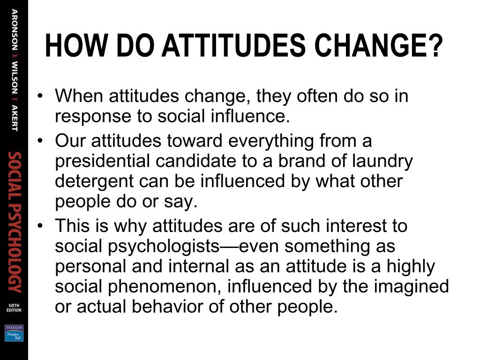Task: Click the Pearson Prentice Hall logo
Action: [x=14, y=333]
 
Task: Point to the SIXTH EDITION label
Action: [x=14, y=307]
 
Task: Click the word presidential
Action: [x=103, y=161]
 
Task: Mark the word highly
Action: [x=411, y=266]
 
